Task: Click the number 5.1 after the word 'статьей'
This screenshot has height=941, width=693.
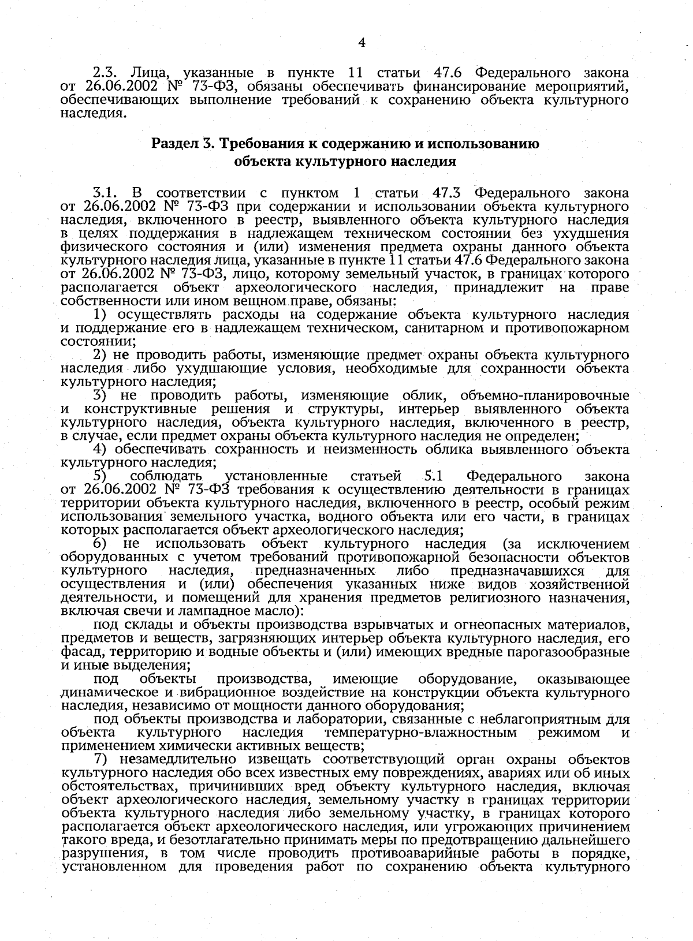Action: (x=434, y=476)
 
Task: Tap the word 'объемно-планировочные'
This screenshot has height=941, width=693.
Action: (x=545, y=395)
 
